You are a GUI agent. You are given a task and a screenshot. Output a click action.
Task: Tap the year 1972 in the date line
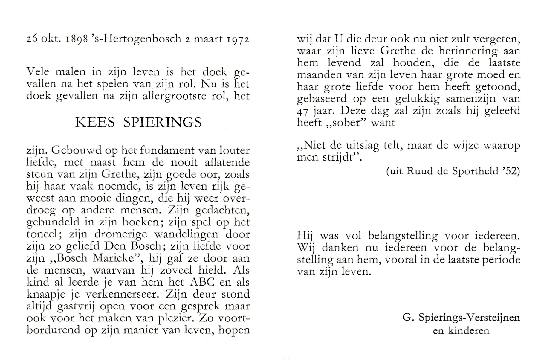coord(238,39)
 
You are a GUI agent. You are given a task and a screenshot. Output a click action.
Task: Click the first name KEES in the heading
coord(95,123)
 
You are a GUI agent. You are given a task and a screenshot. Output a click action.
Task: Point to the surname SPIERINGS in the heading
coord(162,123)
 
